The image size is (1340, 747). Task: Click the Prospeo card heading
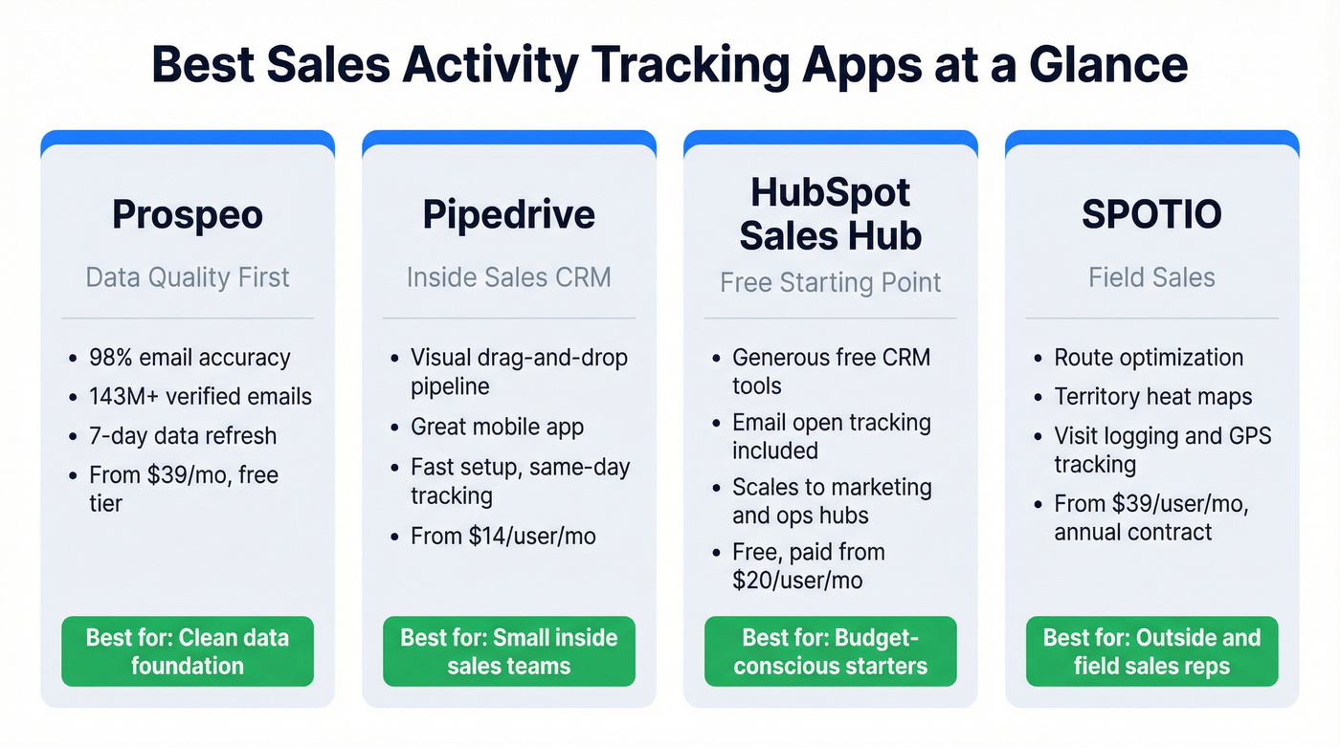pos(188,214)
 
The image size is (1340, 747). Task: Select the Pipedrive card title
pos(509,214)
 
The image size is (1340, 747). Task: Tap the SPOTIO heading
pos(1151,214)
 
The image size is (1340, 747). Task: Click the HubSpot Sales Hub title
pos(831,213)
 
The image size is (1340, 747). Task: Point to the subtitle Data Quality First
pos(188,277)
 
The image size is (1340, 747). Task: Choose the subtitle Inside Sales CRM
pos(509,277)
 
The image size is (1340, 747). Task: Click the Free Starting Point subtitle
pos(831,282)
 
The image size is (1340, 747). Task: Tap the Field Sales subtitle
pos(1151,277)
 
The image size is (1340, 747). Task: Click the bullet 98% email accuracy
pos(190,358)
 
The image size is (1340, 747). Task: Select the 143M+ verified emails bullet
pos(200,396)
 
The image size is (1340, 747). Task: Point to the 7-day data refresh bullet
pos(183,435)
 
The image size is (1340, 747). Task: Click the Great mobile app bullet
pos(497,427)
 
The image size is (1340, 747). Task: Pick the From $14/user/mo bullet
pos(503,536)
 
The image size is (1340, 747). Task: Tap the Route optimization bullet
pos(1149,358)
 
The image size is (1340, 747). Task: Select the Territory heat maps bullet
pos(1152,396)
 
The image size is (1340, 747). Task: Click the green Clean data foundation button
pos(188,651)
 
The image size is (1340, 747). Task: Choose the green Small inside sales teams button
pos(509,651)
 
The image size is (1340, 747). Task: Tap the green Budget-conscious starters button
pos(831,651)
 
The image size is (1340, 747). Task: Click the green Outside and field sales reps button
pos(1151,651)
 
